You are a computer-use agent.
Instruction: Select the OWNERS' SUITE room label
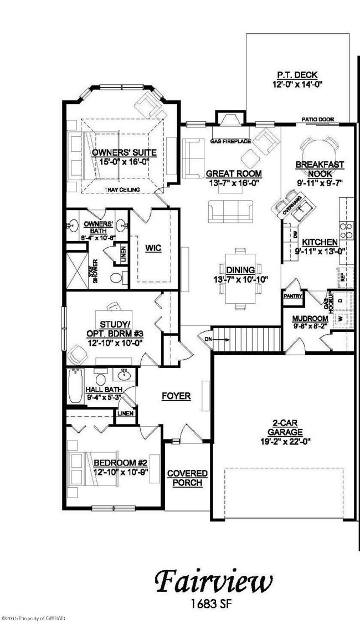point(124,152)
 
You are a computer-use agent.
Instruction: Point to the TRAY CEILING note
point(122,190)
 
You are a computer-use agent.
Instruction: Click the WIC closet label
point(153,248)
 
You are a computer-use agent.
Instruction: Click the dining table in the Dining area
point(240,292)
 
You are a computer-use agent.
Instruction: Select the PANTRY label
point(292,296)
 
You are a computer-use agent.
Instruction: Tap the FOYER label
point(176,396)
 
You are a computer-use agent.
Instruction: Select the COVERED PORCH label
point(187,478)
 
